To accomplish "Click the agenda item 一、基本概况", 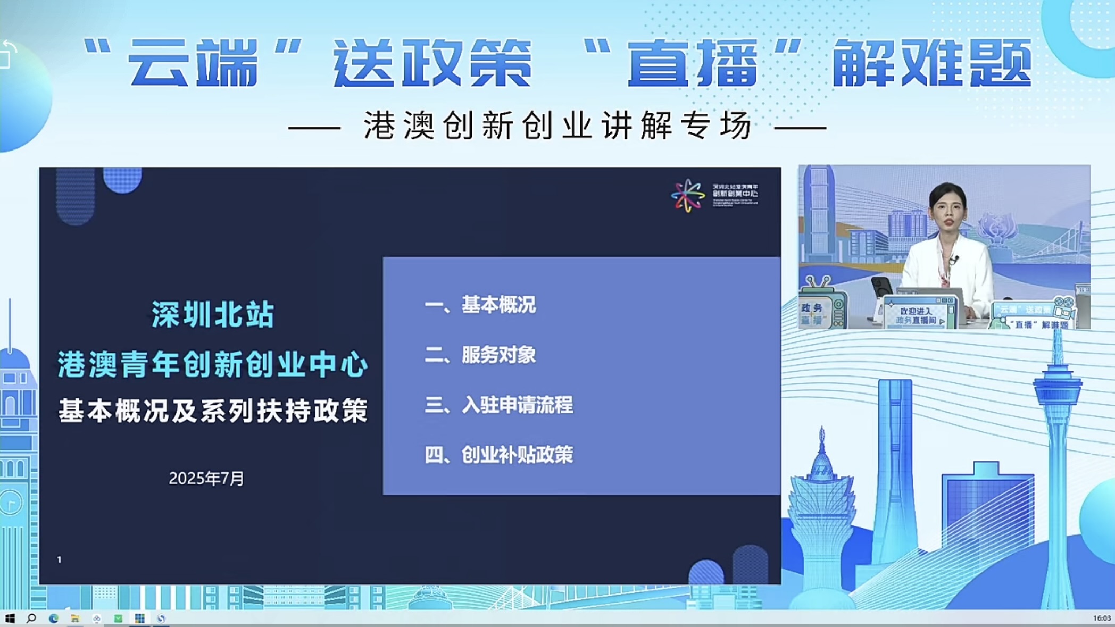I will (x=480, y=305).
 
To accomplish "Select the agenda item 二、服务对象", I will (x=480, y=355).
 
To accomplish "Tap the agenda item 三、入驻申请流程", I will (x=499, y=405).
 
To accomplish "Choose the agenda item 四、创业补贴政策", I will (x=499, y=455).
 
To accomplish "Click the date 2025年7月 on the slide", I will (x=206, y=479).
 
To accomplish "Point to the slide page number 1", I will (x=59, y=559).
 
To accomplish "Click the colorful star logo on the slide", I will (x=687, y=196).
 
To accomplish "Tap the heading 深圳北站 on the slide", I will (x=213, y=314).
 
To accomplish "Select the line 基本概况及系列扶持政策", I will (x=213, y=411).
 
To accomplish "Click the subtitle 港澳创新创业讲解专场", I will (x=557, y=126).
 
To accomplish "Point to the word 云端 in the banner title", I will (x=193, y=64).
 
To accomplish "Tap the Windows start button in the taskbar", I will (x=10, y=618).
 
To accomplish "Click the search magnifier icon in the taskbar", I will (x=31, y=618).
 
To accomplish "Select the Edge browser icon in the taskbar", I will (x=53, y=618).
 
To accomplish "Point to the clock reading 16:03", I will (x=1102, y=618).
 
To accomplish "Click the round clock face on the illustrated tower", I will (x=11, y=503).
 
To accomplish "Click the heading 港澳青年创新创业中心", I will (x=213, y=365).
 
